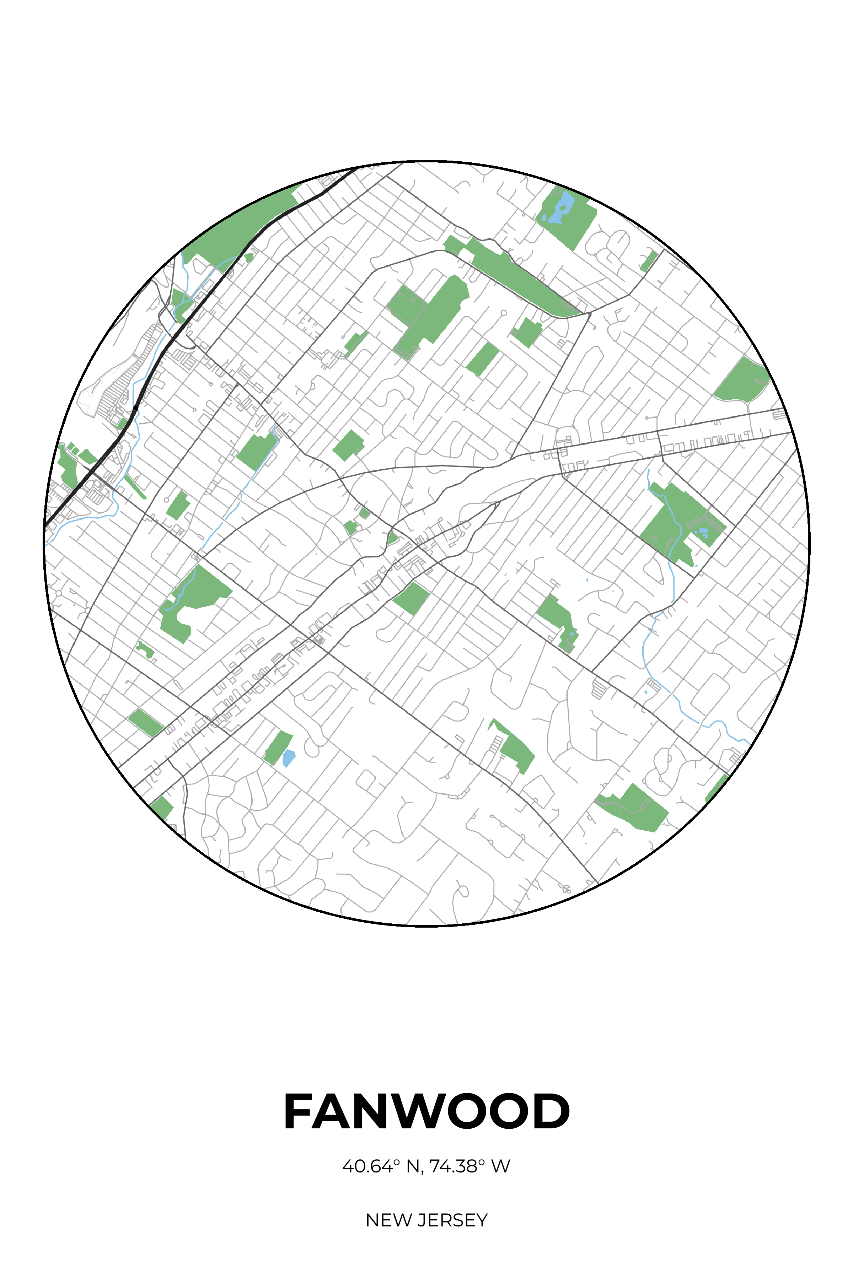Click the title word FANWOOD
pyautogui.click(x=426, y=1112)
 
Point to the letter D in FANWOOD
pyautogui.click(x=551, y=1112)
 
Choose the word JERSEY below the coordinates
pyautogui.click(x=452, y=1220)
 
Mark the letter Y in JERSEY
pyautogui.click(x=482, y=1220)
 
